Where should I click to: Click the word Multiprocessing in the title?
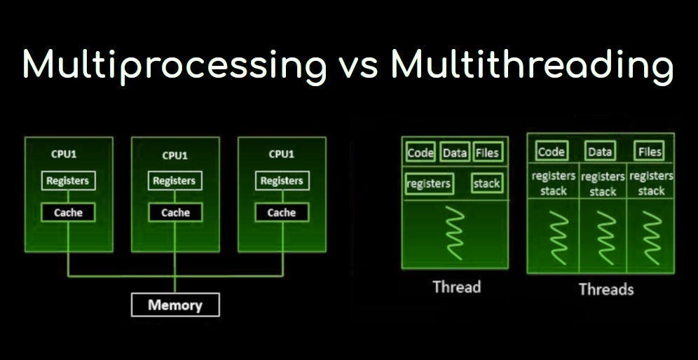174,65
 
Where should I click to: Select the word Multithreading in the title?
532,65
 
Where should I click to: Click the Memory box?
175,305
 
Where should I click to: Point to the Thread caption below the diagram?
456,286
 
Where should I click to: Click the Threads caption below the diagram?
605,289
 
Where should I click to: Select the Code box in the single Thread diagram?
420,153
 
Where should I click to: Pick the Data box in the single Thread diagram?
455,153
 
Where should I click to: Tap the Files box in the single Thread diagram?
487,153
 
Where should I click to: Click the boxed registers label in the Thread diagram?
429,184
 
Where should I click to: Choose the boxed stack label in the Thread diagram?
486,184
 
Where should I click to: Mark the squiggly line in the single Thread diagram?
456,233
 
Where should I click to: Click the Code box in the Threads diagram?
551,151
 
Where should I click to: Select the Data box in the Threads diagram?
600,151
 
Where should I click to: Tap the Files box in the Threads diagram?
649,151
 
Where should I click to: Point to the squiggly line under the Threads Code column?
557,236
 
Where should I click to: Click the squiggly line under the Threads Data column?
603,236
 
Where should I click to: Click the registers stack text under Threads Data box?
603,184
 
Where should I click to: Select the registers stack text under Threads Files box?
651,184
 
